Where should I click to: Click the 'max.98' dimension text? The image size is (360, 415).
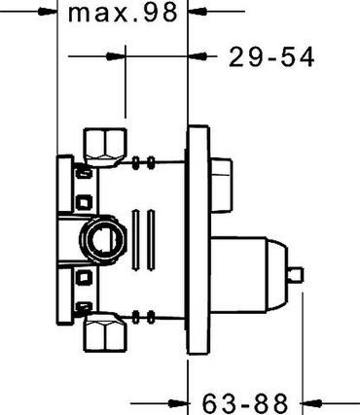click(x=123, y=13)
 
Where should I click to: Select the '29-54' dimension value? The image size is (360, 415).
click(x=271, y=57)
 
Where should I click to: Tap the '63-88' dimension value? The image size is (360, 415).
click(x=245, y=403)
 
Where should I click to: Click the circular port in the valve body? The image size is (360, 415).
click(x=103, y=240)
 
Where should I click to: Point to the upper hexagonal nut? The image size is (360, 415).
click(x=105, y=147)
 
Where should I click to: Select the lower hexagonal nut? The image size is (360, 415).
click(x=105, y=332)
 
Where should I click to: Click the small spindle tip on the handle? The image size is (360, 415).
click(x=296, y=275)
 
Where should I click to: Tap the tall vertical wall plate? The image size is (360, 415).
click(x=198, y=240)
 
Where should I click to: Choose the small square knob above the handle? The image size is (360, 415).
click(x=222, y=185)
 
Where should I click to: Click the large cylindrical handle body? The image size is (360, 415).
click(x=239, y=275)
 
